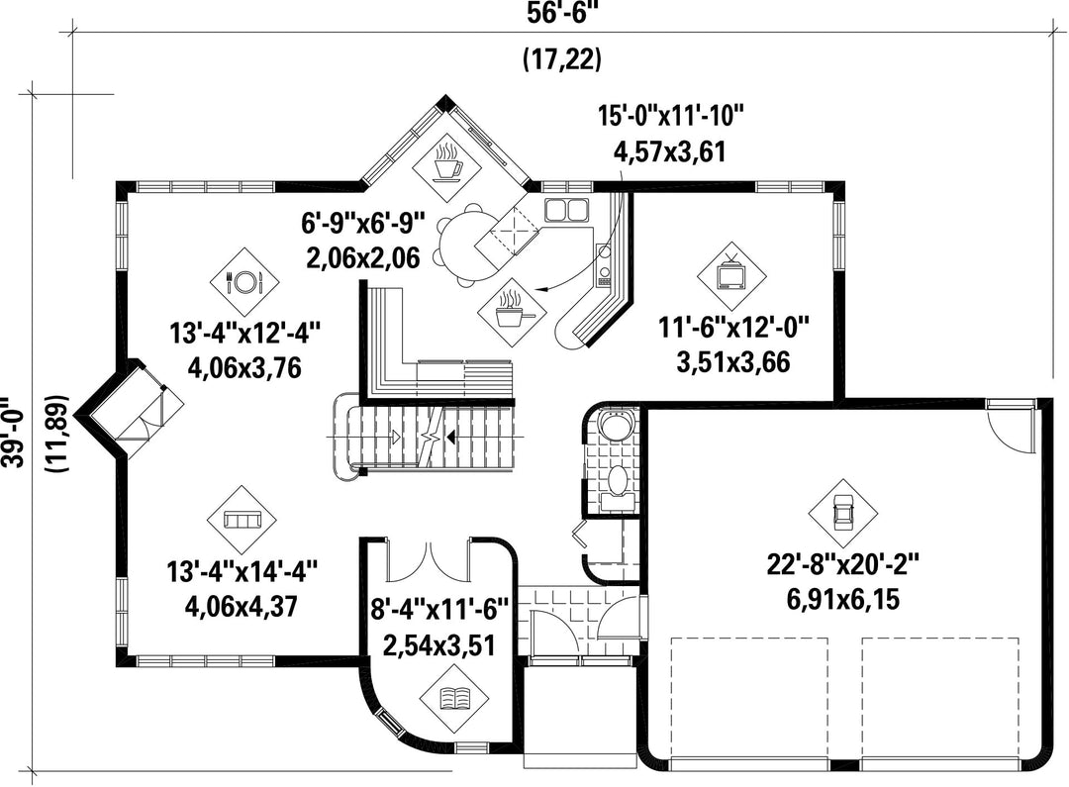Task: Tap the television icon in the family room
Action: coord(732,275)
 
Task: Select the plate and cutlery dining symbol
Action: coord(244,281)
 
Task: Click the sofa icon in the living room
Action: coord(243,521)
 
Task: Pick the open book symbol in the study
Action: coord(454,696)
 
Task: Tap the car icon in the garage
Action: coord(842,513)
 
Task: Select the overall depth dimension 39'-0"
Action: coord(14,433)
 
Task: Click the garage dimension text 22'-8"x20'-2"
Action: coord(842,565)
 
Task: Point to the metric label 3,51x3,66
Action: coord(733,361)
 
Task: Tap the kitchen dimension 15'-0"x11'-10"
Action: coord(670,116)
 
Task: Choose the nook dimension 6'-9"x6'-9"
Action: coord(363,223)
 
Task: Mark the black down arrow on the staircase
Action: coord(452,436)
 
